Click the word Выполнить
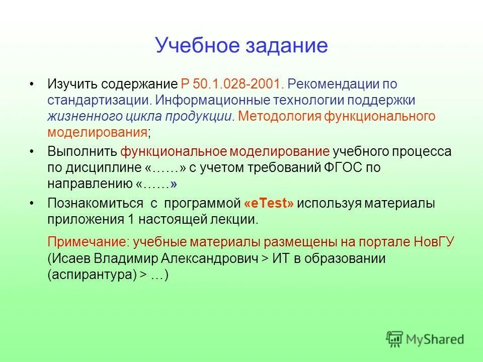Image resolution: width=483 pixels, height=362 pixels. [82, 151]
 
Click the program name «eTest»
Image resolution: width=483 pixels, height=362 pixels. [269, 203]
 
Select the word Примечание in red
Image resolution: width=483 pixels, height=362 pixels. [87, 242]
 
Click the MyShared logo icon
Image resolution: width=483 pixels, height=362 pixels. [394, 339]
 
